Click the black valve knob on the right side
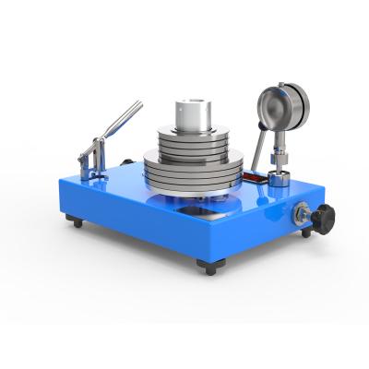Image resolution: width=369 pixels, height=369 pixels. [322, 220]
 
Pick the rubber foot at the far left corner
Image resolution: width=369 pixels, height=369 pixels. [70, 221]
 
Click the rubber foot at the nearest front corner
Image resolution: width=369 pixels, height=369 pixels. [211, 268]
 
